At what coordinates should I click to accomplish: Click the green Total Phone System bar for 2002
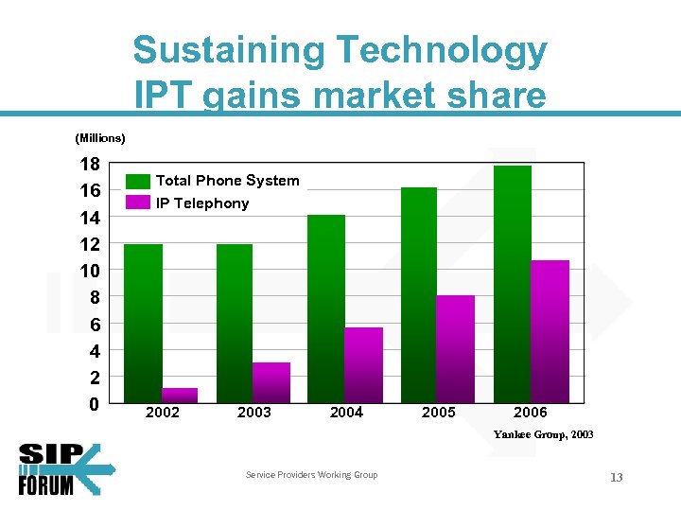(x=143, y=324)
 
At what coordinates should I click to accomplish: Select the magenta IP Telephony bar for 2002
(x=180, y=396)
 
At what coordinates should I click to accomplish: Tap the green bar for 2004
(x=326, y=308)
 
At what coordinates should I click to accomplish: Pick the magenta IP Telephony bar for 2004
(x=363, y=365)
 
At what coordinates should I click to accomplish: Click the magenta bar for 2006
(x=550, y=331)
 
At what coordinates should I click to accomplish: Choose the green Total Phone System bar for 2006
(x=513, y=284)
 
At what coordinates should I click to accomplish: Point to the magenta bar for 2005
(x=456, y=349)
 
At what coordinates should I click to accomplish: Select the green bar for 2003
(x=235, y=324)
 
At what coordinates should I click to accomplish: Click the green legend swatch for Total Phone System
(x=138, y=181)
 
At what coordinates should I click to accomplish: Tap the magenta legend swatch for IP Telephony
(x=138, y=203)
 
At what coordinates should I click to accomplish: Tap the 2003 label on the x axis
(x=253, y=413)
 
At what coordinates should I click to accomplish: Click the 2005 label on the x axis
(x=438, y=413)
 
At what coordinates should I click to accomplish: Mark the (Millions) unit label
(x=100, y=138)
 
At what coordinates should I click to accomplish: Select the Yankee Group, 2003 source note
(x=543, y=434)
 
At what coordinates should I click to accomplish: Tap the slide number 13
(x=616, y=478)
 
